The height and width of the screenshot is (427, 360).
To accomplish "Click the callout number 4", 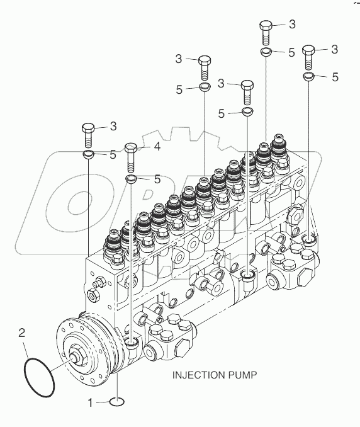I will pos(157,147).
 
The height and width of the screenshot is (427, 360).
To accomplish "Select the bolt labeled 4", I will pos(131,158).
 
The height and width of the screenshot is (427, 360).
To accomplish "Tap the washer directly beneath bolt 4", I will pos(131,180).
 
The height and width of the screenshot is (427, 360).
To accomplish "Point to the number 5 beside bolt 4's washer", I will pos(157,179).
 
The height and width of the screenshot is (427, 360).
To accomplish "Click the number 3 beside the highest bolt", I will pos(291,25).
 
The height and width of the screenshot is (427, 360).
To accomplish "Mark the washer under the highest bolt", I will pos(266,52).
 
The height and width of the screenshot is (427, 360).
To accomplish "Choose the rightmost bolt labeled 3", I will pos(308,57).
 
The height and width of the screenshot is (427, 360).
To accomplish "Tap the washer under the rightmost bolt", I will pos(308,77).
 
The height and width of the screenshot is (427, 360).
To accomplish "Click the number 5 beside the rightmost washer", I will pos(335,77).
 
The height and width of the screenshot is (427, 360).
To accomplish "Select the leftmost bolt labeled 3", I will pos(89,135).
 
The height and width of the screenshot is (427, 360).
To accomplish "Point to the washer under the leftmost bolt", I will pos(89,154).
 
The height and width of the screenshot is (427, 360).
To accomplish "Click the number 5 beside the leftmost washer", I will pos(113,154).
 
